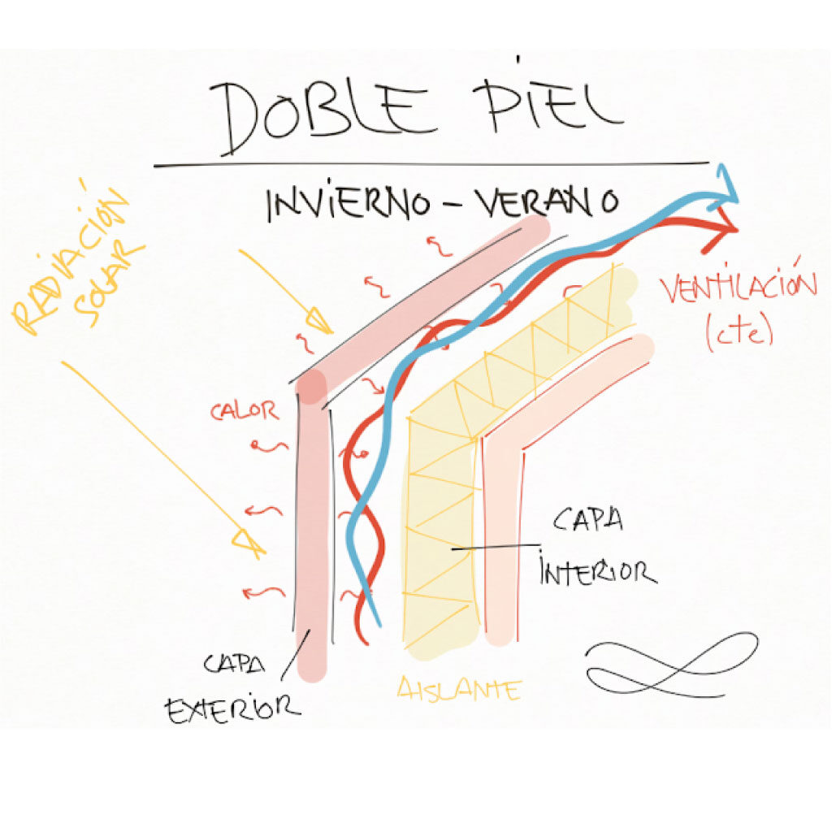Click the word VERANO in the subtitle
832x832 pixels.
coord(549,203)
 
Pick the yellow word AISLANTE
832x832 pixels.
coord(459,691)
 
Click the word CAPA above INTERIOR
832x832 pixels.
coord(587,520)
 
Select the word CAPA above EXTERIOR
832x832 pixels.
coord(235,664)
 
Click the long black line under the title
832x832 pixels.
coord(431,165)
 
